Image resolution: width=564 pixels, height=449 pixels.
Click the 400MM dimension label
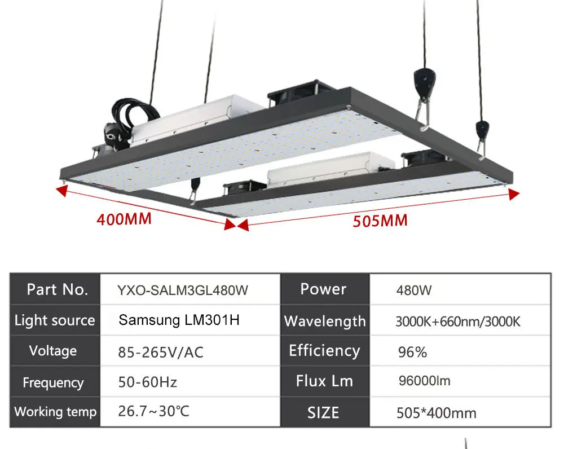point(124,218)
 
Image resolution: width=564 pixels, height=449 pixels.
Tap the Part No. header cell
point(58,289)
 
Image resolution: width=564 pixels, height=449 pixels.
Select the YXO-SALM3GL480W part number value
point(182,290)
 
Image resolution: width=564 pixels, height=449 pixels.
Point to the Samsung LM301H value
point(179,320)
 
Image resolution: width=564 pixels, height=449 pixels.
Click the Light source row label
point(55,320)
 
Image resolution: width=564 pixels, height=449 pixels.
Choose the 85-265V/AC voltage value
point(161,353)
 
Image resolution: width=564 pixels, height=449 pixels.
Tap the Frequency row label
point(53,383)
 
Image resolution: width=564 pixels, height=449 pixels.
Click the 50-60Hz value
point(148,382)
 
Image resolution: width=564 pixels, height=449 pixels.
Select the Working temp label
point(55,412)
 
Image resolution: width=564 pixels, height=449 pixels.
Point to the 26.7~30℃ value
point(154,411)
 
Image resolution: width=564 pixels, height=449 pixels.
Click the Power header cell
point(323,289)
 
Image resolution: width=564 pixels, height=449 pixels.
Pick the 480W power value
point(414,291)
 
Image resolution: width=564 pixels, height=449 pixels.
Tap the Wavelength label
point(325,322)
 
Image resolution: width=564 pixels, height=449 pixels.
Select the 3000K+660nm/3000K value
point(457,322)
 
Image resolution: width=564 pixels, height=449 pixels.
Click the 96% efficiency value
point(412,353)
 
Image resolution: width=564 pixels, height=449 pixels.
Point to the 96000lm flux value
point(424,381)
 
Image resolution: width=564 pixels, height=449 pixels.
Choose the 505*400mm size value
point(436,413)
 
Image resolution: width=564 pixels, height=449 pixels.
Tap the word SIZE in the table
point(323,412)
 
